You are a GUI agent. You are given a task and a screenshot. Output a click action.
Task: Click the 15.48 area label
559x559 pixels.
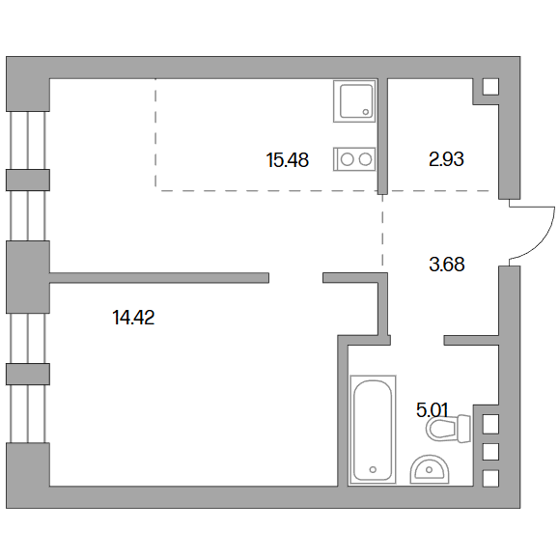coord(288,159)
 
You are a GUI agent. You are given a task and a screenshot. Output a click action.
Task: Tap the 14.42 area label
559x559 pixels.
coord(133,318)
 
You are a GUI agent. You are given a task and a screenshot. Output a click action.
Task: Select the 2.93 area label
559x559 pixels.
coord(446,159)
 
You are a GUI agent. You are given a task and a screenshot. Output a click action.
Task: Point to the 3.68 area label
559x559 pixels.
coord(447,265)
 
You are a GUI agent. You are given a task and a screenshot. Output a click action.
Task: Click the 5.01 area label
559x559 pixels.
coord(433,410)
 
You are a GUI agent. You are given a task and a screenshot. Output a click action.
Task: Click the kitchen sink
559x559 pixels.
coord(354,101)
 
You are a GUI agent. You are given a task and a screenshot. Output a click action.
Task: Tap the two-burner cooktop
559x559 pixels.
coord(354,159)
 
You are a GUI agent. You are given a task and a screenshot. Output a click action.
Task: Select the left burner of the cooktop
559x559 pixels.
coord(347,159)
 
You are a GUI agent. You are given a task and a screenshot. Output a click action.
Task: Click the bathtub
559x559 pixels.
coord(374,430)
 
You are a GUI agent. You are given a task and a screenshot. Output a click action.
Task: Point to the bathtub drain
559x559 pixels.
coord(373,469)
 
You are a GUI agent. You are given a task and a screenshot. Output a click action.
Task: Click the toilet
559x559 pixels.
coord(449,428)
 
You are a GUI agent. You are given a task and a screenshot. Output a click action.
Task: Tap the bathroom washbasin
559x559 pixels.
coord(430,469)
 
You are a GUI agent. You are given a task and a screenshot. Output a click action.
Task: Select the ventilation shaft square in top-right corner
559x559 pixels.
coord(490,87)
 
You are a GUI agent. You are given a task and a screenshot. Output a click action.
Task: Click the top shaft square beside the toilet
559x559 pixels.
coord(490,424)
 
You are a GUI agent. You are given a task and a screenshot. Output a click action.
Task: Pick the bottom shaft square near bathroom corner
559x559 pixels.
coord(490,479)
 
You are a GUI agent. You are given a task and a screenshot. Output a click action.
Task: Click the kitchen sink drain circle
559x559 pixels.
coord(365,112)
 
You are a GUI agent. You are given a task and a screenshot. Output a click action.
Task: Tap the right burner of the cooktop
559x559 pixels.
coord(365,159)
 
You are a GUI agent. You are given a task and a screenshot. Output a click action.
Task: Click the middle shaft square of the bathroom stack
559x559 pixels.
coord(490,452)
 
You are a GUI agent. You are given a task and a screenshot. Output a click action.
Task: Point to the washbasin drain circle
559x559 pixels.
coord(430,470)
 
